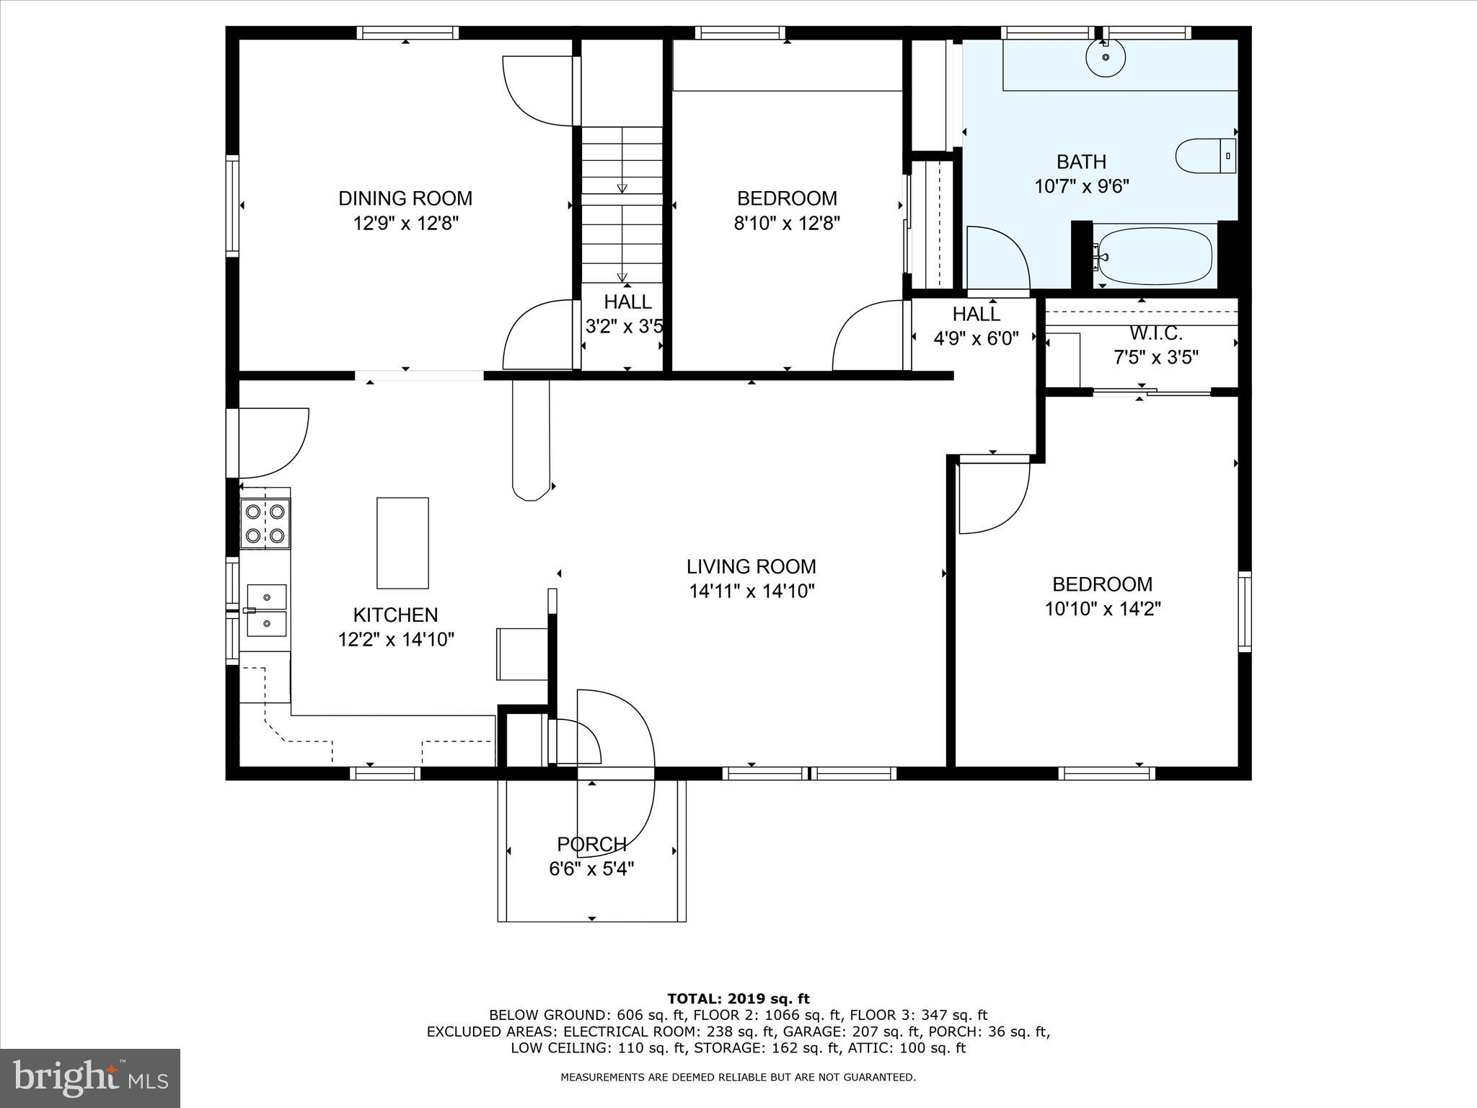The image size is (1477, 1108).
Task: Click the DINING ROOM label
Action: (x=405, y=198)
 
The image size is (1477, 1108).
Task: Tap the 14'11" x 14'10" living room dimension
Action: (x=751, y=592)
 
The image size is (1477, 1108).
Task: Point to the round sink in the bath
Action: (x=1106, y=57)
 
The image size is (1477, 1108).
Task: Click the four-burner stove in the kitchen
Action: (x=265, y=524)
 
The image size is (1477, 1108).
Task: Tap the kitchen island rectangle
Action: (x=402, y=542)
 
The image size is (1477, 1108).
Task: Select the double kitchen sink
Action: (x=266, y=610)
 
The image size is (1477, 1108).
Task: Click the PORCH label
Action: (x=591, y=844)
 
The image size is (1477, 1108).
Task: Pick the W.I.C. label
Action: (x=1156, y=334)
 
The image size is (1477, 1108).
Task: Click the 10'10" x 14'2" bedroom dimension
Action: (x=1103, y=609)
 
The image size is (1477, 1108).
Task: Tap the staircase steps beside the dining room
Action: (x=622, y=206)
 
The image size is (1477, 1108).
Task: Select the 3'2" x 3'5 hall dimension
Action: (x=625, y=327)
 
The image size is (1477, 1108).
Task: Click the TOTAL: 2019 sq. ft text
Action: (x=738, y=999)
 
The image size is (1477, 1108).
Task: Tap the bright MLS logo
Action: (x=90, y=1078)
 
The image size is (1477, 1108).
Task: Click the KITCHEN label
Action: (x=395, y=615)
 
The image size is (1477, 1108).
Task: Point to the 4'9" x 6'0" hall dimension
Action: (x=976, y=338)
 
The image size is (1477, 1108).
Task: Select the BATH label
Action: (x=1081, y=162)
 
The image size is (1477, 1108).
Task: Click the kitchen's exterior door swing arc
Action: (x=278, y=444)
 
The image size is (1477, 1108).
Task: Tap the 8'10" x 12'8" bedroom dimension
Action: (x=787, y=223)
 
